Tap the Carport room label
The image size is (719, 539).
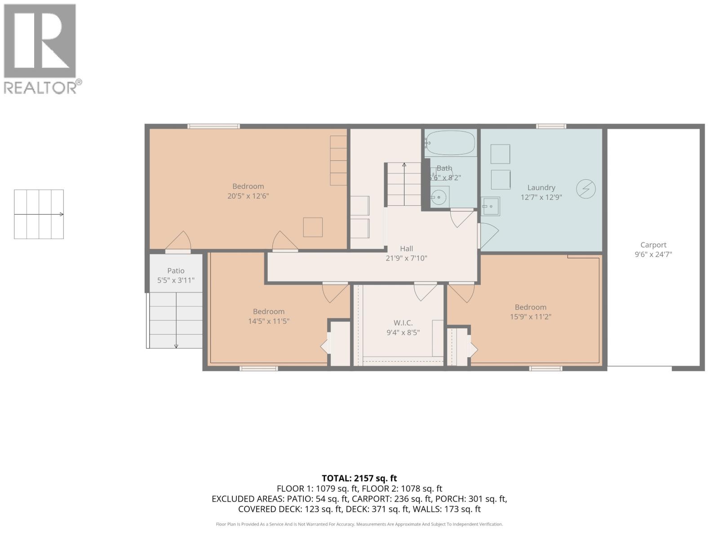653,245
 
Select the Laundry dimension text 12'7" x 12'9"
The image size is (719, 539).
541,197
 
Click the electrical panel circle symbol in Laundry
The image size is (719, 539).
586,189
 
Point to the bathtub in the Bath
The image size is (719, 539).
450,143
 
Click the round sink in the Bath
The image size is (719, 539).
438,196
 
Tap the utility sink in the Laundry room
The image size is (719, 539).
490,207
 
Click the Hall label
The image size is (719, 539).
406,248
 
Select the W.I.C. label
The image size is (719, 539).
403,323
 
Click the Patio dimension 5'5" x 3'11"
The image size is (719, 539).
176,280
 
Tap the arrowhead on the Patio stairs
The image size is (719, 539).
176,346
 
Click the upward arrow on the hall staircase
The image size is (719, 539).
404,165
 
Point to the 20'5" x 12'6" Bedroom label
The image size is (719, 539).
248,186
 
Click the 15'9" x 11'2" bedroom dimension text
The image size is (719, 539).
530,317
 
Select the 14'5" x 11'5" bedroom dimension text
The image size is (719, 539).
269,321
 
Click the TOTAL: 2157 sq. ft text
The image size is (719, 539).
359,478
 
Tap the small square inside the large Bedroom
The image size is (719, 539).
313,227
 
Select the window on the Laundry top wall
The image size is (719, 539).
551,126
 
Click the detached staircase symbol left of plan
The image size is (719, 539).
39,214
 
